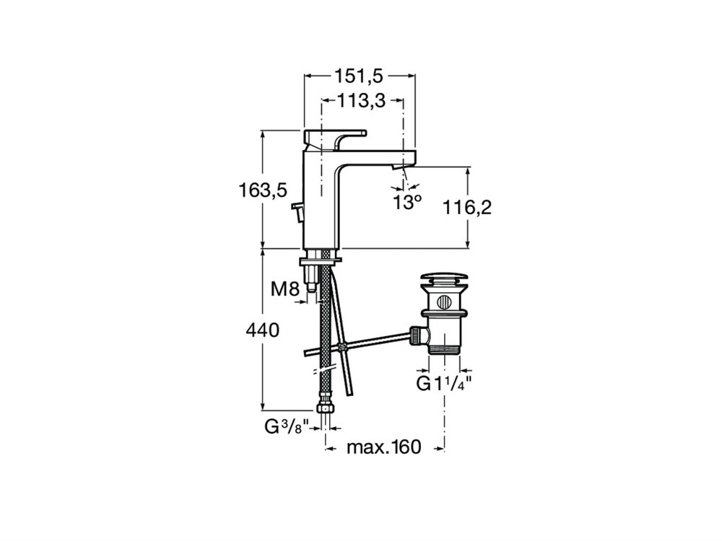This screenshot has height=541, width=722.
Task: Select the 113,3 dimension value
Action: tap(361, 100)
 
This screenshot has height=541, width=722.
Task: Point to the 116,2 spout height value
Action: tap(467, 208)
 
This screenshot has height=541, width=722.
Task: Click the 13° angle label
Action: tap(407, 202)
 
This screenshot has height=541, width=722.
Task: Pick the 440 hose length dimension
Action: tap(263, 330)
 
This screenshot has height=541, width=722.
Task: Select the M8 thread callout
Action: tap(285, 289)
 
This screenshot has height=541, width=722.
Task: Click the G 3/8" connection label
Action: tap(287, 427)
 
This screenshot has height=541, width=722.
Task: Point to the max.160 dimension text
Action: tap(384, 447)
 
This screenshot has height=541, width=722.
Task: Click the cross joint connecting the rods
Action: tap(342, 348)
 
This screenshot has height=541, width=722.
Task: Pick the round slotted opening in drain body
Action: tap(444, 302)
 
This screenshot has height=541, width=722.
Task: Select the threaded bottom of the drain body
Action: tap(444, 349)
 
